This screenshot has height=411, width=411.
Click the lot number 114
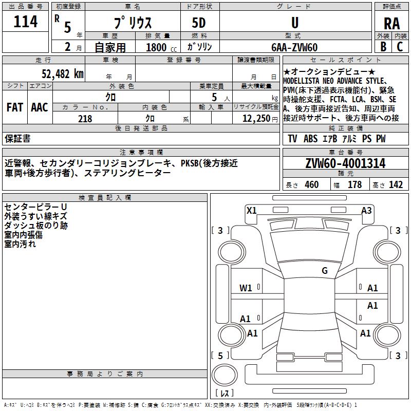pyautogui.click(x=25, y=22)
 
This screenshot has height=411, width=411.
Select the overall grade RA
pyautogui.click(x=392, y=24)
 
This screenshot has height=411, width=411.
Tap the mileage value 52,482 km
pyautogui.click(x=63, y=74)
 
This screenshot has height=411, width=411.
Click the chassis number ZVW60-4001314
pyautogui.click(x=345, y=163)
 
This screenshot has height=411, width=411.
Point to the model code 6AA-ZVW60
pyautogui.click(x=294, y=47)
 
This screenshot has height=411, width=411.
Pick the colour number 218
pyautogui.click(x=85, y=119)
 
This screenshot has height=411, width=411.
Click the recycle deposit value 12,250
pyautogui.click(x=256, y=119)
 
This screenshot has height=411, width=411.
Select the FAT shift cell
pyautogui.click(x=15, y=107)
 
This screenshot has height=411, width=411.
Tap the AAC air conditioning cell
pyautogui.click(x=40, y=107)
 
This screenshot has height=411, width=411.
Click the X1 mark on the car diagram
pyautogui.click(x=251, y=211)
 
